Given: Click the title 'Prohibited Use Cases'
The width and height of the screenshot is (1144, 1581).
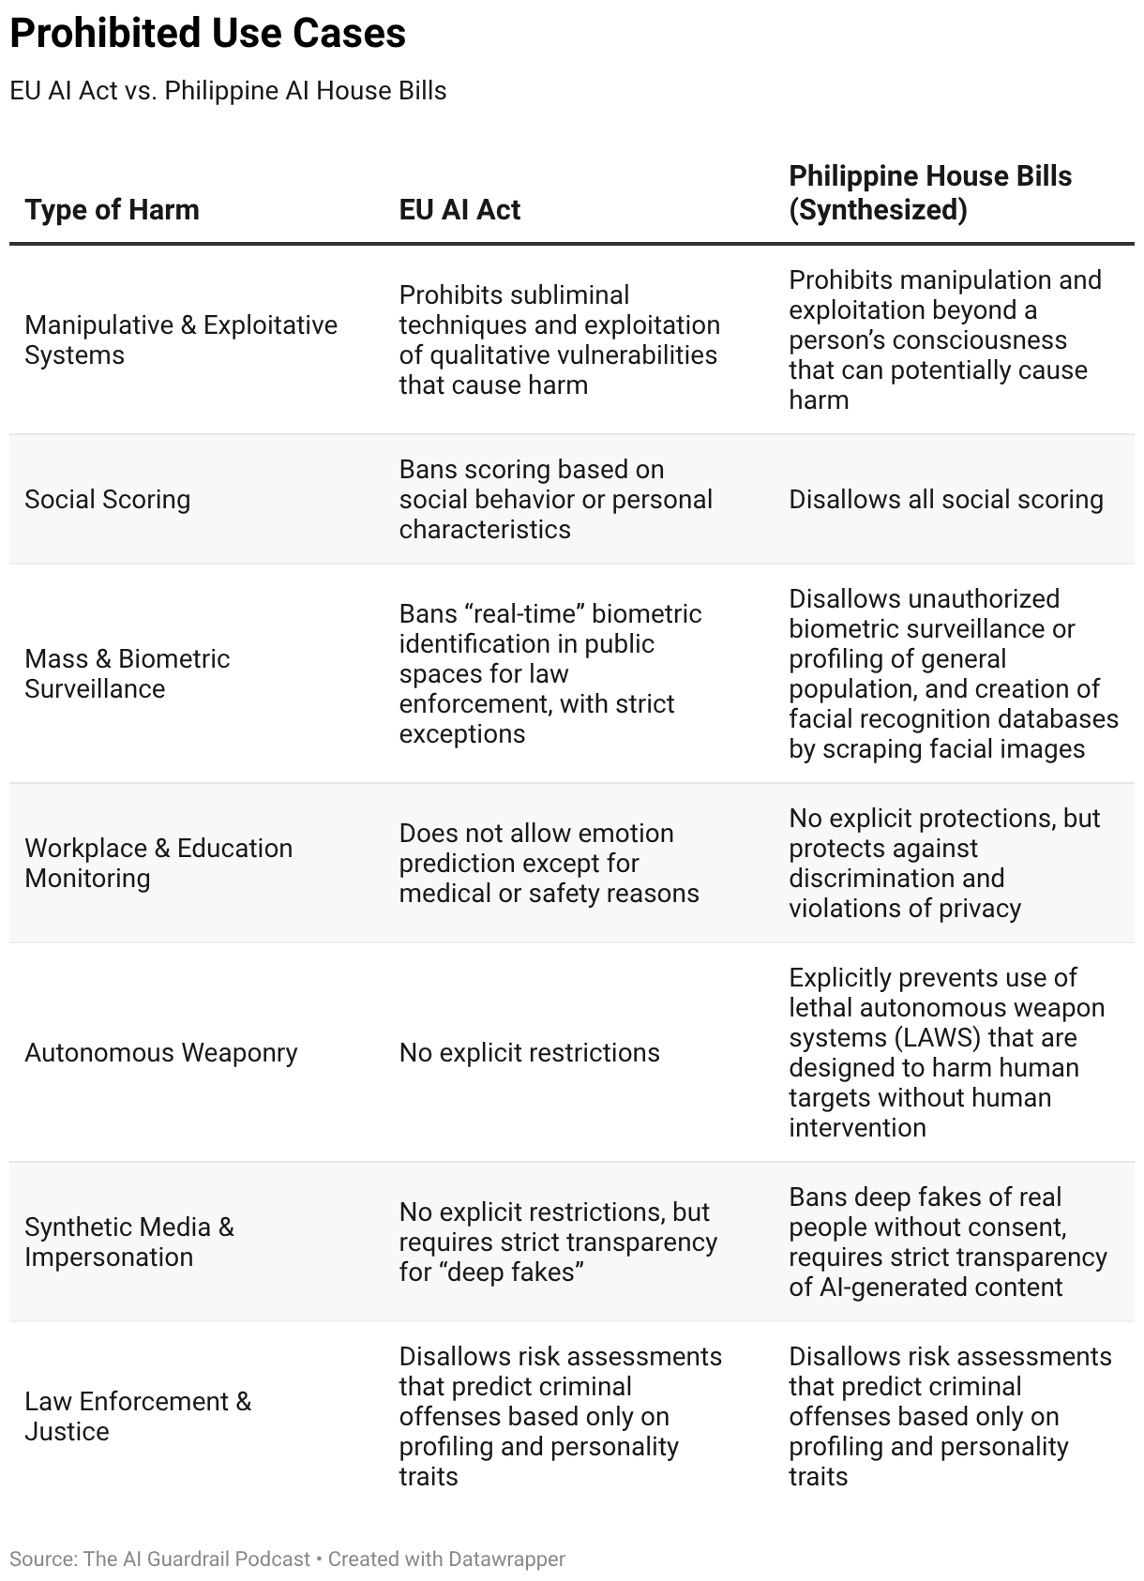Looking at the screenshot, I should (x=207, y=34).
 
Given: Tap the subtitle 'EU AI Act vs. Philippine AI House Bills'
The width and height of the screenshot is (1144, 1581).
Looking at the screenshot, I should (x=228, y=91).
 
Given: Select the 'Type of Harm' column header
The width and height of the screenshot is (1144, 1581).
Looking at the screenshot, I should (x=112, y=209).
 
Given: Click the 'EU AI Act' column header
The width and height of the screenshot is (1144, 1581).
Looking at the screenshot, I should (x=459, y=209).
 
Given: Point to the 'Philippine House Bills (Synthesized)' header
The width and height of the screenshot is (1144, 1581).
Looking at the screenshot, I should (x=929, y=192).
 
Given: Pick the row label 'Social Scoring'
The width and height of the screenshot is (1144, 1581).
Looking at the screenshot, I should (x=107, y=499).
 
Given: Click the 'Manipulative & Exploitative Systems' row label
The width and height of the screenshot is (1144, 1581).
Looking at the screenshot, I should (x=180, y=339).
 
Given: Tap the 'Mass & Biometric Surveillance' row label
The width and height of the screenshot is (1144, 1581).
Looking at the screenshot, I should (x=127, y=673).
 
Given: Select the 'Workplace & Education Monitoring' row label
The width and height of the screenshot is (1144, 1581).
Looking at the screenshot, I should (x=158, y=863).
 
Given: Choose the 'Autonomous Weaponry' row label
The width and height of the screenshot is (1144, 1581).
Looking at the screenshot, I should (x=160, y=1052).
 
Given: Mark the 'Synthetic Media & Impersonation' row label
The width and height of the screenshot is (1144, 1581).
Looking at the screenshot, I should (x=128, y=1242).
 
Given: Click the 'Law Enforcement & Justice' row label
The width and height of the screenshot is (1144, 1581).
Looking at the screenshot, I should (x=137, y=1416).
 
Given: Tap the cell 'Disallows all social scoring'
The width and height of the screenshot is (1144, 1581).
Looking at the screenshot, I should (x=945, y=499).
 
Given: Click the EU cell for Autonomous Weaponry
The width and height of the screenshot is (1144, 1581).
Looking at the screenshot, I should (x=529, y=1052).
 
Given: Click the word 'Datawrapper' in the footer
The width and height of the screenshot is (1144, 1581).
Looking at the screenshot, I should (x=506, y=1558).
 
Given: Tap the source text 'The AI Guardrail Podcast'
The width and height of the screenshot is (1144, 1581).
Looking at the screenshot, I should (x=196, y=1558).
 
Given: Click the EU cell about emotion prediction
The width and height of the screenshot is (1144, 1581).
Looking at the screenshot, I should (x=549, y=863).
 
